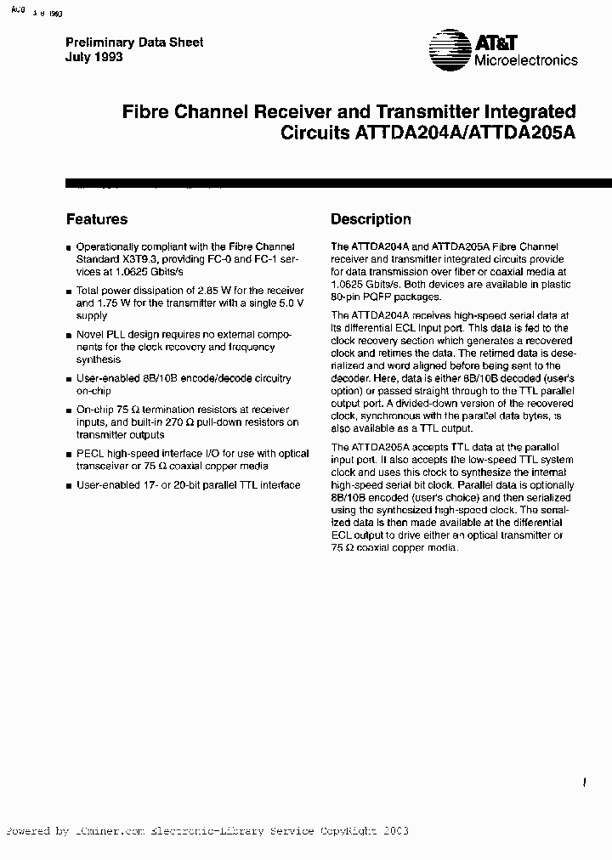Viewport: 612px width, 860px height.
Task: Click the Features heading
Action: click(x=97, y=219)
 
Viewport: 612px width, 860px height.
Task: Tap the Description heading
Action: click(x=371, y=219)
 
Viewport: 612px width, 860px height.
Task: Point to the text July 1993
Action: click(x=94, y=57)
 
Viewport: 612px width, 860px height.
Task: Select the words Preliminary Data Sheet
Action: click(x=134, y=42)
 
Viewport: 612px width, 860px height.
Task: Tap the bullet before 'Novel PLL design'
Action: click(x=69, y=336)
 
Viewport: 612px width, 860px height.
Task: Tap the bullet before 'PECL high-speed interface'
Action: click(x=69, y=455)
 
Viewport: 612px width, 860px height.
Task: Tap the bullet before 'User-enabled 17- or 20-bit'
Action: click(x=69, y=485)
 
